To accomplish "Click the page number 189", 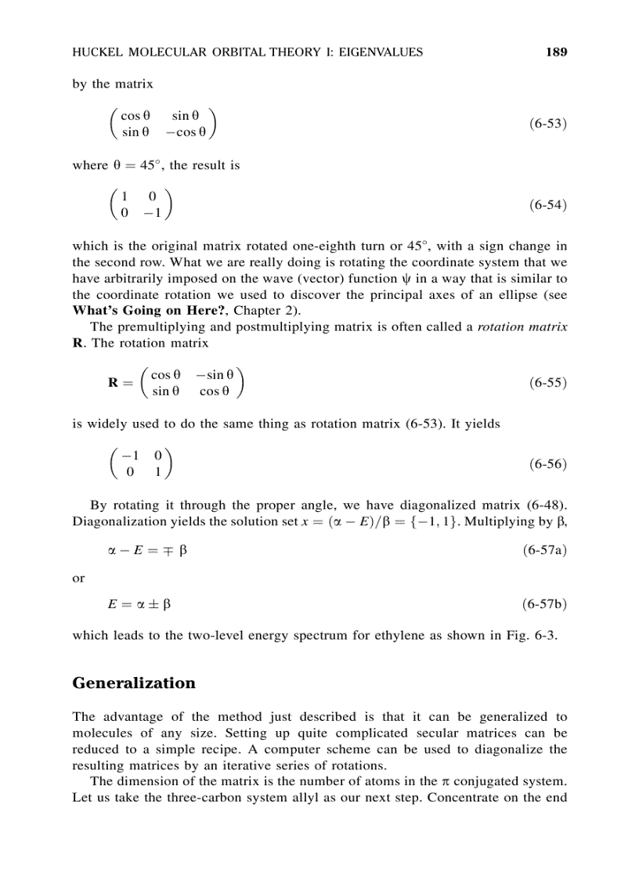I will [556, 52].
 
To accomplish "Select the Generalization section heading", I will [134, 683].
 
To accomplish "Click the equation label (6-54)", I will [547, 205].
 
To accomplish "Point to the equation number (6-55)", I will [547, 383].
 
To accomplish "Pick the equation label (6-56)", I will [547, 463].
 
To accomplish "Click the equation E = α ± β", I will [139, 604].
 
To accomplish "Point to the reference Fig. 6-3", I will [536, 635].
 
